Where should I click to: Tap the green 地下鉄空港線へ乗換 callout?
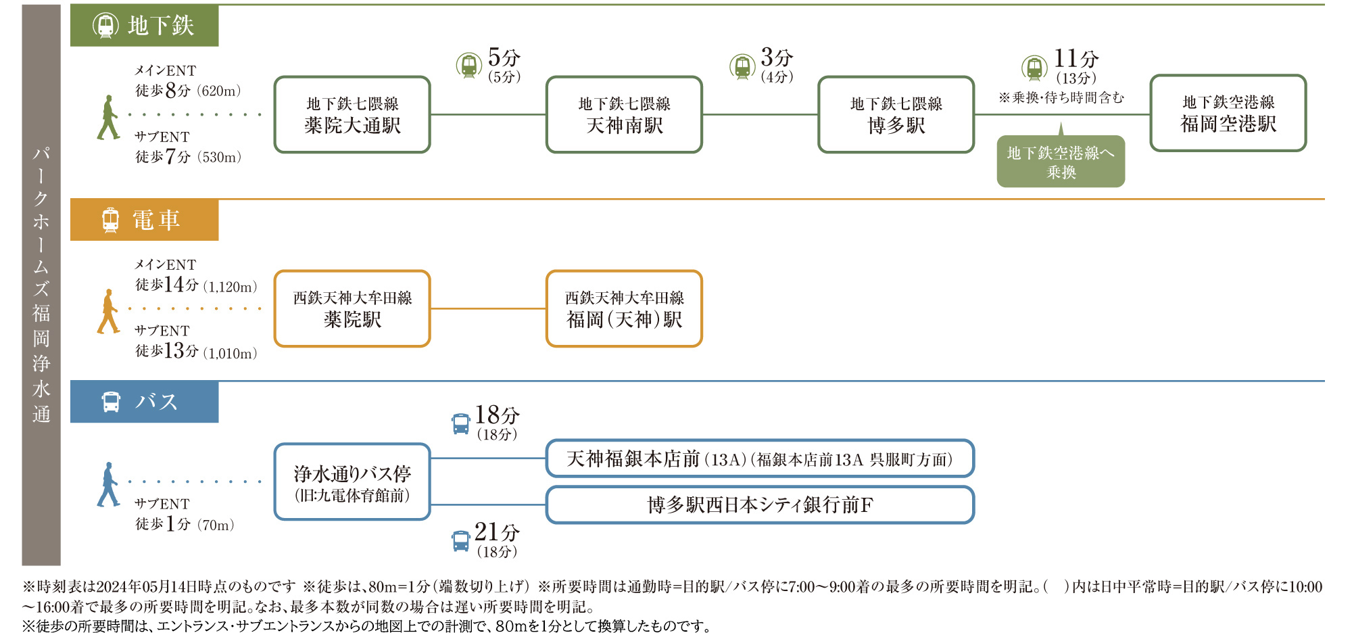pyautogui.click(x=1061, y=161)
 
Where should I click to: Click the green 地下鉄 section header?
pyautogui.click(x=144, y=26)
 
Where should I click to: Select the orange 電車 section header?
pyautogui.click(x=144, y=220)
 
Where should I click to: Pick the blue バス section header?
pyautogui.click(x=144, y=402)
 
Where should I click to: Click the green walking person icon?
pyautogui.click(x=108, y=117)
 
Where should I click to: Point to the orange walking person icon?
pyautogui.click(x=108, y=311)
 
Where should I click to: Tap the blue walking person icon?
pyautogui.click(x=108, y=484)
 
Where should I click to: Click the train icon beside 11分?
pyautogui.click(x=1034, y=68)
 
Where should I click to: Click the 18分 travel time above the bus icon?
pyautogui.click(x=497, y=415)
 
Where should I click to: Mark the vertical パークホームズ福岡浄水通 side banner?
pyautogui.click(x=41, y=285)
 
